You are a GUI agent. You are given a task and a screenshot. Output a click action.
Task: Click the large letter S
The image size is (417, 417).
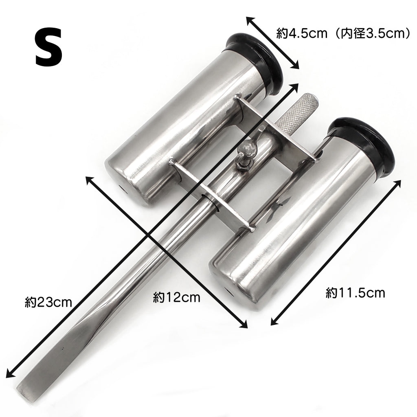pos(49,48)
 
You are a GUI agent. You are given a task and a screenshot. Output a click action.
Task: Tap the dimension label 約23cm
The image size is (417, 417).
pos(48,303)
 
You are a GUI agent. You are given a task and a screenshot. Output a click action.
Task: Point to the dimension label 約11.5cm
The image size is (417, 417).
pos(355,293)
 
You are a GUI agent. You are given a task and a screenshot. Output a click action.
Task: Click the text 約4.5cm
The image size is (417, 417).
pos(302,33)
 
